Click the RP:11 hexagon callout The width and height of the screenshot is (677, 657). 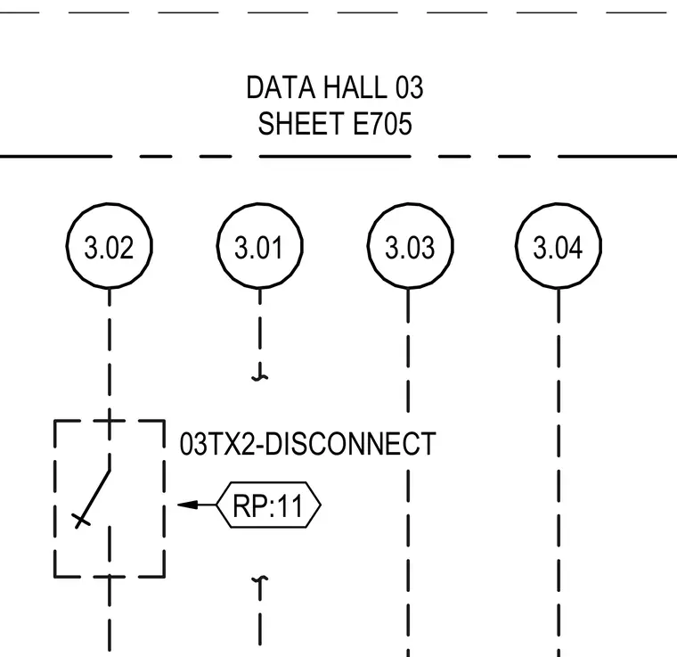point(268,505)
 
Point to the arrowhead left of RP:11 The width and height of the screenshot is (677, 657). point(188,505)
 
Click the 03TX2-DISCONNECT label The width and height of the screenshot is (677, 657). point(307,444)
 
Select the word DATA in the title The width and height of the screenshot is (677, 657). point(281,87)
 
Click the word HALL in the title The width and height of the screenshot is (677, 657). point(355,87)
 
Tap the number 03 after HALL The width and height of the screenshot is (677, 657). point(409,87)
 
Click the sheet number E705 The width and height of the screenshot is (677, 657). point(382,124)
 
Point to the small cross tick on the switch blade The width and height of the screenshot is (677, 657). point(81,520)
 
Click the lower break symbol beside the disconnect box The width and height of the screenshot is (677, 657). point(259,581)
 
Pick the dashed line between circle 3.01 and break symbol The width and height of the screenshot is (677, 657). point(259,326)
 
